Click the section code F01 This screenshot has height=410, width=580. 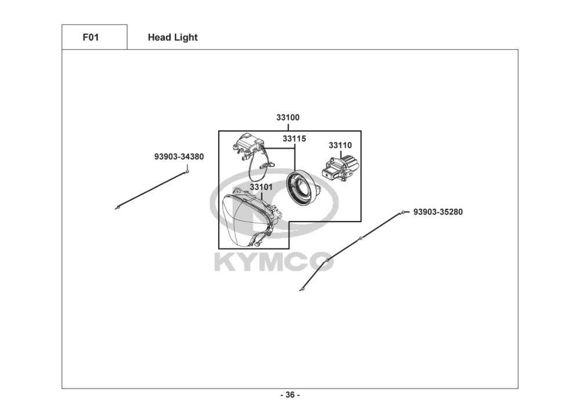tap(90, 37)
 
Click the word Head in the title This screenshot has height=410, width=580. tap(158, 38)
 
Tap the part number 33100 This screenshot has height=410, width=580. tap(288, 118)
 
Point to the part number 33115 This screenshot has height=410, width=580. tap(294, 139)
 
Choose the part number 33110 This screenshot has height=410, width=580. tap(340, 145)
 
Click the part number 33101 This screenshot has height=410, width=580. tap(262, 187)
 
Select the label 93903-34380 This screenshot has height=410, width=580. tap(179, 157)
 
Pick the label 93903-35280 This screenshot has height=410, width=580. tap(438, 212)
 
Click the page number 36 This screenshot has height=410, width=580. tap(290, 395)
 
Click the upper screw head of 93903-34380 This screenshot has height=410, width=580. tap(188, 171)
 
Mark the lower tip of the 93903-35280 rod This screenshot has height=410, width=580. tap(301, 289)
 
